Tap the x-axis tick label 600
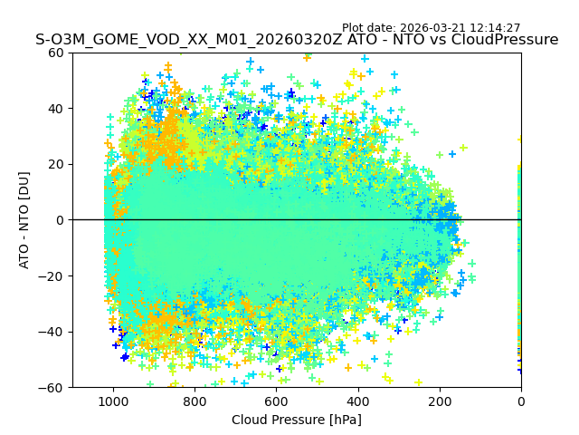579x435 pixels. pyautogui.click(x=276, y=401)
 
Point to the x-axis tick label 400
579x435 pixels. pyautogui.click(x=357, y=401)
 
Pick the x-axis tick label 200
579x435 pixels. pyautogui.click(x=439, y=401)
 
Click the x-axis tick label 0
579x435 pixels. pyautogui.click(x=520, y=401)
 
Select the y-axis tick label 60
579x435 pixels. pyautogui.click(x=81, y=53)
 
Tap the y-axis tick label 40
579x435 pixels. pyautogui.click(x=81, y=109)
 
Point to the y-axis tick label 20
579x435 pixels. pyautogui.click(x=81, y=164)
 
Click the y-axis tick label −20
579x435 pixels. pyautogui.click(x=77, y=275)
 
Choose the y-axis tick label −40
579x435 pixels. pyautogui.click(x=77, y=332)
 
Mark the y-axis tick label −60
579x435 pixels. pyautogui.click(x=77, y=387)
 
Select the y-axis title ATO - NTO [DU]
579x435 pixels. pyautogui.click(x=25, y=220)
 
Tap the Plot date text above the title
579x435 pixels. pyautogui.click(x=431, y=28)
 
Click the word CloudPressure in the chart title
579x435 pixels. pyautogui.click(x=502, y=40)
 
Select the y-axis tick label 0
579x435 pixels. pyautogui.click(x=87, y=220)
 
